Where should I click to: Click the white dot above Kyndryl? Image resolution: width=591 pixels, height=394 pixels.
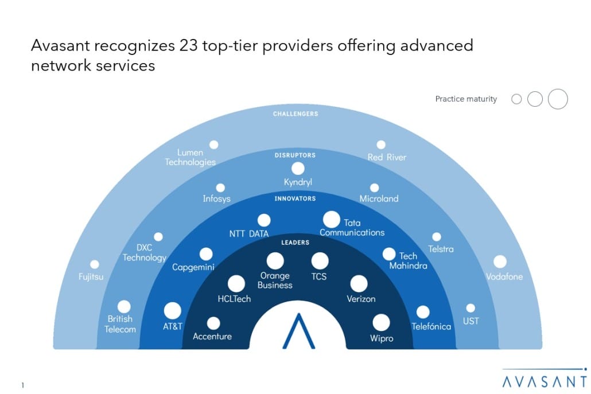click(x=298, y=168)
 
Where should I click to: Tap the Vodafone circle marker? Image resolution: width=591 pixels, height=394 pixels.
click(x=500, y=262)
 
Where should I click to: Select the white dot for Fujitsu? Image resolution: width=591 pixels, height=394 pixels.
click(x=95, y=264)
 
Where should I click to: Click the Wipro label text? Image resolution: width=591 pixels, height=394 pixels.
click(x=382, y=338)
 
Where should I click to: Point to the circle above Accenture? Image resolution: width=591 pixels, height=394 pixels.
click(x=213, y=323)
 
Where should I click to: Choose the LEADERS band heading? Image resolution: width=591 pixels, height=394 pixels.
click(x=295, y=243)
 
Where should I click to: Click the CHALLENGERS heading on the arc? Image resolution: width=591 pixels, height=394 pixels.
click(x=295, y=114)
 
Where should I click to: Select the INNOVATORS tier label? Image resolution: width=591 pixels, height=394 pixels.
click(x=294, y=198)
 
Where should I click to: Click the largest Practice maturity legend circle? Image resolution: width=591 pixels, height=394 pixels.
click(x=558, y=99)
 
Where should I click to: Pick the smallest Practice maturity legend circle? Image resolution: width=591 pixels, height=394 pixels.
click(x=516, y=99)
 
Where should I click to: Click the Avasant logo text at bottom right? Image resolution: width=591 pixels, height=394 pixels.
click(x=543, y=381)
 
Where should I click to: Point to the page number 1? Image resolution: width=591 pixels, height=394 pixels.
click(x=22, y=385)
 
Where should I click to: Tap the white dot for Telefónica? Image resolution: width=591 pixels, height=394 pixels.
click(x=423, y=312)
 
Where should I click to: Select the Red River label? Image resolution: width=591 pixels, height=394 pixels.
click(x=387, y=157)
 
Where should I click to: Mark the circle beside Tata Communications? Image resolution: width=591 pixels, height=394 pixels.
click(x=332, y=219)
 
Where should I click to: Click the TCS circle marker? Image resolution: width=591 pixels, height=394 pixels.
click(x=320, y=262)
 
